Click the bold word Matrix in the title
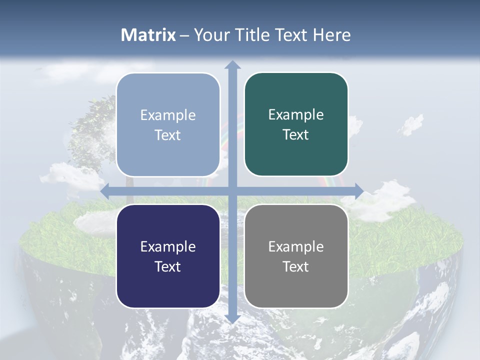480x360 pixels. point(148,35)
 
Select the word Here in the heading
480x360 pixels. point(331,35)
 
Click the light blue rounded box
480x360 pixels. point(168,125)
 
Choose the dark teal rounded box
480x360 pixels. point(296,124)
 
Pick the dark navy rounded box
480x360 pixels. point(168,256)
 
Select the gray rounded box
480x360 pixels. point(296,256)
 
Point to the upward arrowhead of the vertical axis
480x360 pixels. point(232,64)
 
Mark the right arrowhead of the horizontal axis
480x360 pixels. point(359,191)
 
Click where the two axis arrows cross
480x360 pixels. point(232,191)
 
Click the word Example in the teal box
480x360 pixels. point(296,115)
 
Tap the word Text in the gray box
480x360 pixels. point(296,266)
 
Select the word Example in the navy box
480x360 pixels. point(168,246)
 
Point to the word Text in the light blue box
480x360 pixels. point(168,135)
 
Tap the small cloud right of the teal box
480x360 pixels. point(411,123)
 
